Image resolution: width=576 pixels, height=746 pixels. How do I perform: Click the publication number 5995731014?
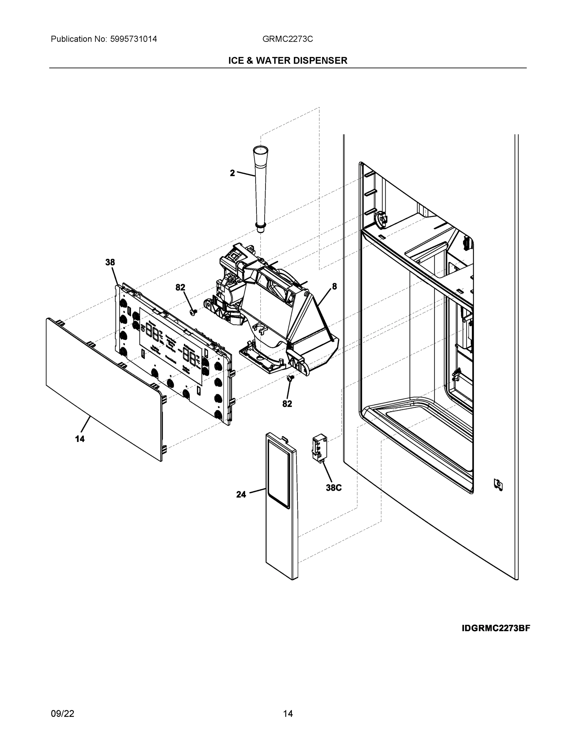[134, 39]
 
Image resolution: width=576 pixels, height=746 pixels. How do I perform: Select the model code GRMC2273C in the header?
[287, 39]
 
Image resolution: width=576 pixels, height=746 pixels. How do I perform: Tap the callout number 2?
[232, 173]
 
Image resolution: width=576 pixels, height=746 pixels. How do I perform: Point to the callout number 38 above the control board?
[110, 262]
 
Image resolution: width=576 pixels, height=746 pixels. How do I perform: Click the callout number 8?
[334, 286]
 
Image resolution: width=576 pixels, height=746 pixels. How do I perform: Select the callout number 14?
[80, 439]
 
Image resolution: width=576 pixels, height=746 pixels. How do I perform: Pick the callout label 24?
[241, 494]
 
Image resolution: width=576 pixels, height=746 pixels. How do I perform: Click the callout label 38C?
[333, 488]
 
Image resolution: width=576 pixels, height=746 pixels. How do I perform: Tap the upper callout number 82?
[180, 288]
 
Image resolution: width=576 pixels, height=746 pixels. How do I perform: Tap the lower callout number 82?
[287, 404]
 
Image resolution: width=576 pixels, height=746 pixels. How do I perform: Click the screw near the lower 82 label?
[291, 378]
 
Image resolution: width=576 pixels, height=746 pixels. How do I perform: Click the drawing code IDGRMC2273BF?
[496, 628]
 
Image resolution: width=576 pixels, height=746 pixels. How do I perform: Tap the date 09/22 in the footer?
[62, 714]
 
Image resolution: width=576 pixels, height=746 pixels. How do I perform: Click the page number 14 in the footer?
[288, 714]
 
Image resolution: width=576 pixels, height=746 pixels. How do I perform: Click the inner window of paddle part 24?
[279, 473]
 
